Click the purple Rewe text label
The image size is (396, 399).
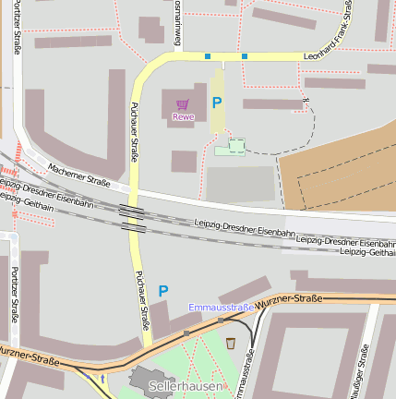[x=183, y=115]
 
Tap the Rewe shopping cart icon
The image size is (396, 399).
[x=183, y=104]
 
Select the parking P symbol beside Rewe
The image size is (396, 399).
[x=217, y=103]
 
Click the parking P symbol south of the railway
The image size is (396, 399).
[x=163, y=291]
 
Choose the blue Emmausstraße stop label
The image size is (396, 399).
[x=222, y=307]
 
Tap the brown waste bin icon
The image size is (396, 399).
[x=231, y=344]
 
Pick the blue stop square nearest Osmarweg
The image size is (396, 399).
[x=208, y=56]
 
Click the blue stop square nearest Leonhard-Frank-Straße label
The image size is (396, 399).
[x=245, y=56]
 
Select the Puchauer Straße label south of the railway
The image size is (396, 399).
[x=142, y=300]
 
